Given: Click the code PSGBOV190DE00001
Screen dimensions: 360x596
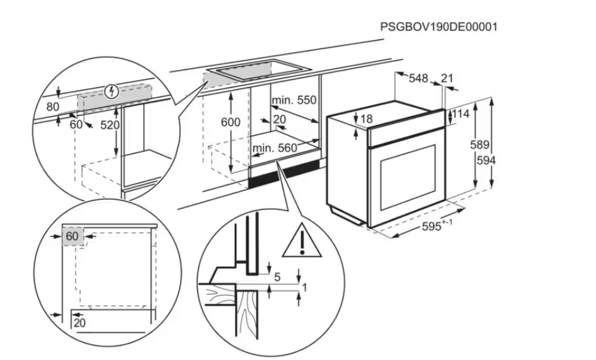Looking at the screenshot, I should tap(439, 27).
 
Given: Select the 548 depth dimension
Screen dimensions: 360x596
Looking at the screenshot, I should tap(418, 78).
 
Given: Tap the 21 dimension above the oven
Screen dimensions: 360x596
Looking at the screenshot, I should tap(447, 78).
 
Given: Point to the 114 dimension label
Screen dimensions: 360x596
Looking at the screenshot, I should tap(462, 115).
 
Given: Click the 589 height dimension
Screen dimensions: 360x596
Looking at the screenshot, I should tap(480, 145).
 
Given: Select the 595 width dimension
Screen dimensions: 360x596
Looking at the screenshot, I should tap(433, 226).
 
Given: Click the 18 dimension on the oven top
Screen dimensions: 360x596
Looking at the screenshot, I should tap(366, 119).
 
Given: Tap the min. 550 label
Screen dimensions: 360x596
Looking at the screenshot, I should tap(294, 100).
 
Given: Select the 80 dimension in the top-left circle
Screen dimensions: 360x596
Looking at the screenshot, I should tap(53, 107).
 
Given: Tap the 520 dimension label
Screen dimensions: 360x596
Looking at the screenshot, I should tap(110, 125).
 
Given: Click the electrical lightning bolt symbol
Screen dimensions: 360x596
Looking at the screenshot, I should tap(113, 91).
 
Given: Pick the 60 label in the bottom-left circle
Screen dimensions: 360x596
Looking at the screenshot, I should tap(72, 236).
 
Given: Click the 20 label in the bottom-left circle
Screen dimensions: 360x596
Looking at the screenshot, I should tap(79, 322).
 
